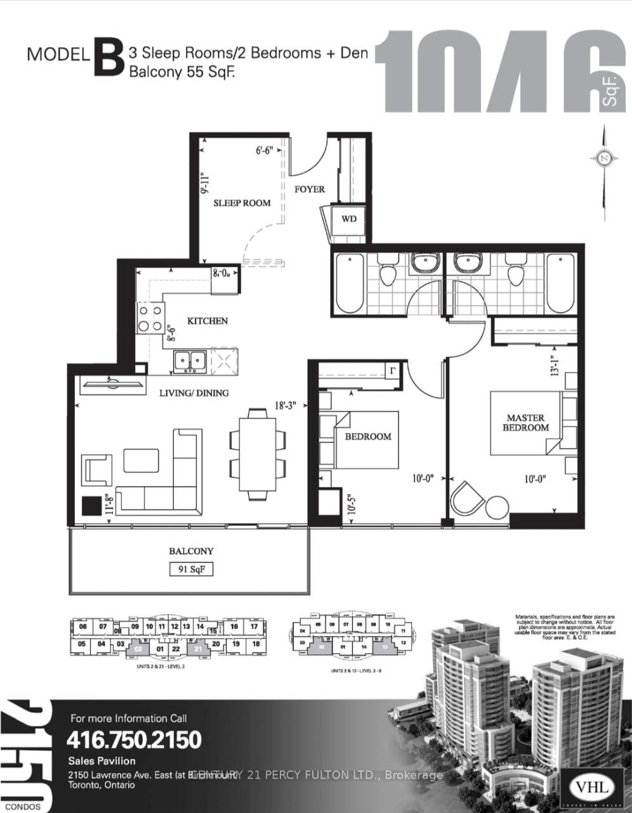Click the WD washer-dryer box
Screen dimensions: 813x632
tap(348, 219)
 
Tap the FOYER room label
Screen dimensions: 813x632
tap(309, 189)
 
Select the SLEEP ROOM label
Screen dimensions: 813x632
tap(242, 203)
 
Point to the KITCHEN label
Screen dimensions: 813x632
tap(207, 321)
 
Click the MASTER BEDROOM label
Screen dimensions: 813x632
tap(525, 422)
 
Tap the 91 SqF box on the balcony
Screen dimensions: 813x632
tap(191, 569)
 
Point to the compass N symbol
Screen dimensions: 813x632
tap(603, 158)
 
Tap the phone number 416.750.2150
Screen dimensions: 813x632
tap(134, 739)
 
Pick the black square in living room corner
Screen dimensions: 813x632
tap(91, 505)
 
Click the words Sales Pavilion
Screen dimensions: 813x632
tap(102, 761)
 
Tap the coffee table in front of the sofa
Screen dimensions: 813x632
tap(141, 460)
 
